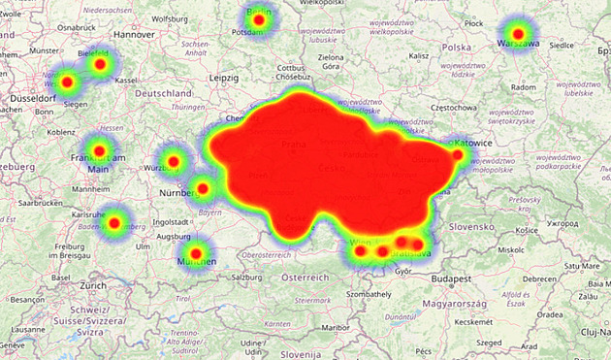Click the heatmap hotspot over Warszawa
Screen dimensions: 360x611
(x=518, y=35)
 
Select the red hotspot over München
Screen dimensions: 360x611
(x=196, y=253)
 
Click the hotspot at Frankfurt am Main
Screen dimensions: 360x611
(x=99, y=150)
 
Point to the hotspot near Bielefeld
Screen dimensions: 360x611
(x=99, y=65)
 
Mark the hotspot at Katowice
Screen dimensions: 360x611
(x=458, y=154)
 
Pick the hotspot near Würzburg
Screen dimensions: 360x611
(x=174, y=161)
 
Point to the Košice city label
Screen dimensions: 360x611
(x=528, y=230)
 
